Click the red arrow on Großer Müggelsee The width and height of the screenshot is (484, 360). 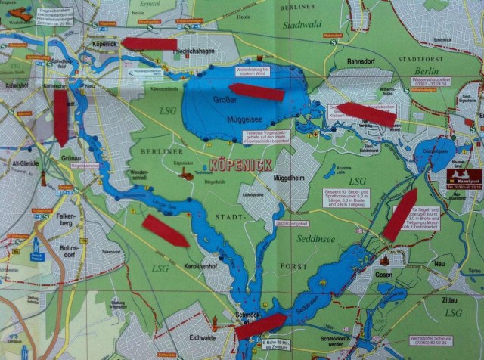point(256,92)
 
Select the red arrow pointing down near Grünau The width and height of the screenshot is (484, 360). point(61,117)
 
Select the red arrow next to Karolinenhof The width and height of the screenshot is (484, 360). point(165,231)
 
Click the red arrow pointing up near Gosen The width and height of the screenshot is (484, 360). point(399,213)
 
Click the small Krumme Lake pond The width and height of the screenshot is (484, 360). point(330,172)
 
